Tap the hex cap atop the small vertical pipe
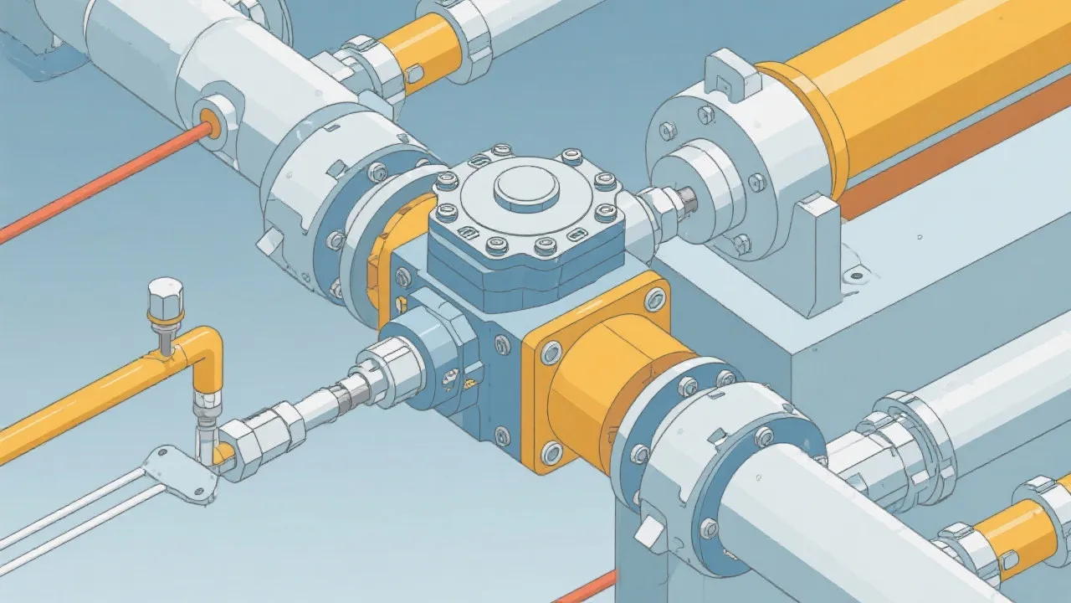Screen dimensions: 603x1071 click(165, 298)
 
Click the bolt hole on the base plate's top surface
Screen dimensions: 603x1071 click(854, 274)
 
